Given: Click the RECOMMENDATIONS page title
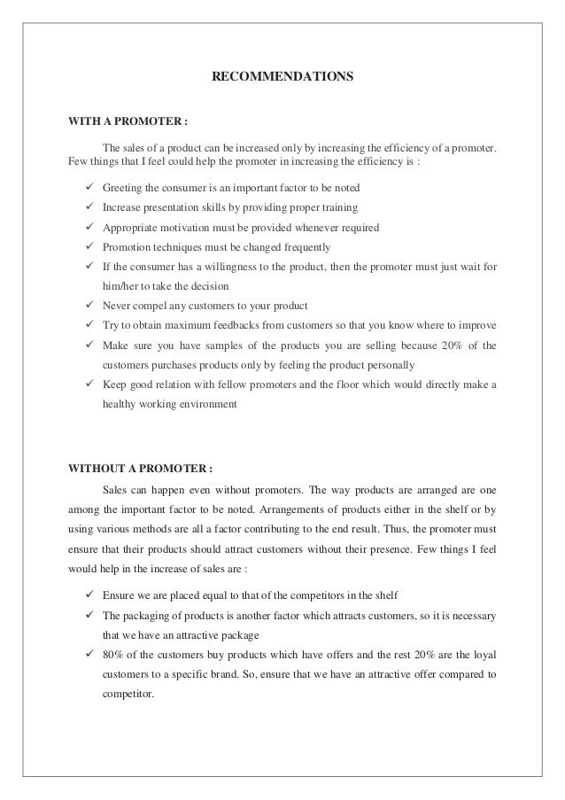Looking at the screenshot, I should [282, 77].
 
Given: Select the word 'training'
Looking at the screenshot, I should [338, 208].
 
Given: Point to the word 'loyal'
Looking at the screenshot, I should [484, 656].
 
